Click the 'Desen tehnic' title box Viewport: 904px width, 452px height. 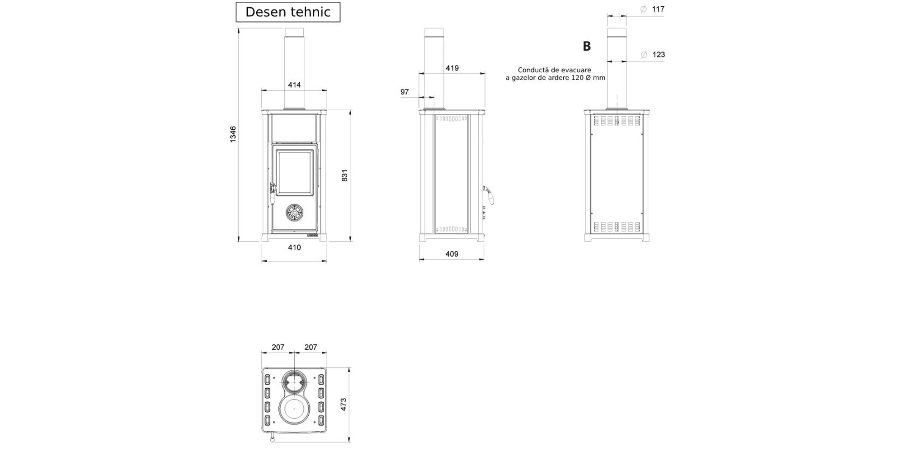point(288,12)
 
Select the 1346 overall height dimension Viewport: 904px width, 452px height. point(233,135)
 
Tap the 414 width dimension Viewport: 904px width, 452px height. point(294,85)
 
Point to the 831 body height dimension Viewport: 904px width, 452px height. point(344,175)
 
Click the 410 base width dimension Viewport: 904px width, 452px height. point(294,247)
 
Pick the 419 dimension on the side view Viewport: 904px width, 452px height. point(452,68)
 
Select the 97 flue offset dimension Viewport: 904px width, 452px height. point(405,92)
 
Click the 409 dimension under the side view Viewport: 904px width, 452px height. point(452,254)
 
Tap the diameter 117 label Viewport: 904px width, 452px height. point(653,9)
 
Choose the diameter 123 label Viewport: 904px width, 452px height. point(653,55)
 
